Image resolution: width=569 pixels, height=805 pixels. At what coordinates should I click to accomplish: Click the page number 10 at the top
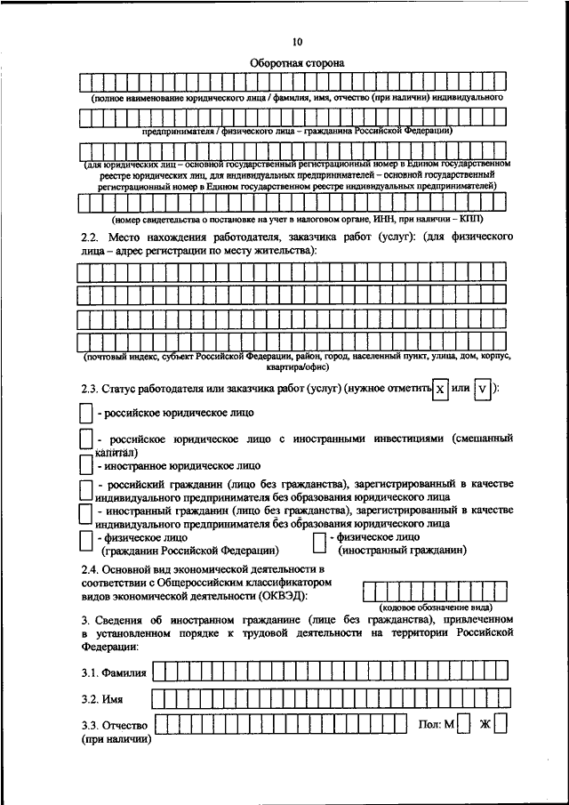(297, 42)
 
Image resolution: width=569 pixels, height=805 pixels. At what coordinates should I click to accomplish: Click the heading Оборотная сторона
(297, 63)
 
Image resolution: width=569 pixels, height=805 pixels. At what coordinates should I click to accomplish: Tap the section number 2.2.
(89, 237)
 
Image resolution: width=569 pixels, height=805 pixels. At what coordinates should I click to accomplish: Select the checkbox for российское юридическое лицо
(85, 413)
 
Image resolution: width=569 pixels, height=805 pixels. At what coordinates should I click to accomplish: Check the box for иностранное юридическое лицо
(85, 464)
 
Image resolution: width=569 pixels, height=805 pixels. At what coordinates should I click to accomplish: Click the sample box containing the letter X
(438, 389)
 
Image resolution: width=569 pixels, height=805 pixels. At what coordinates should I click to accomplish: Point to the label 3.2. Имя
(101, 699)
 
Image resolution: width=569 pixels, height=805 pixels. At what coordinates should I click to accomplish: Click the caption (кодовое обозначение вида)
(435, 608)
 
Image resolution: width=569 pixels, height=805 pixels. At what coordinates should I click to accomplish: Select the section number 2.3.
(89, 390)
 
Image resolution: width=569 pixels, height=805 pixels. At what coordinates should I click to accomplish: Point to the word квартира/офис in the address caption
(297, 366)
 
